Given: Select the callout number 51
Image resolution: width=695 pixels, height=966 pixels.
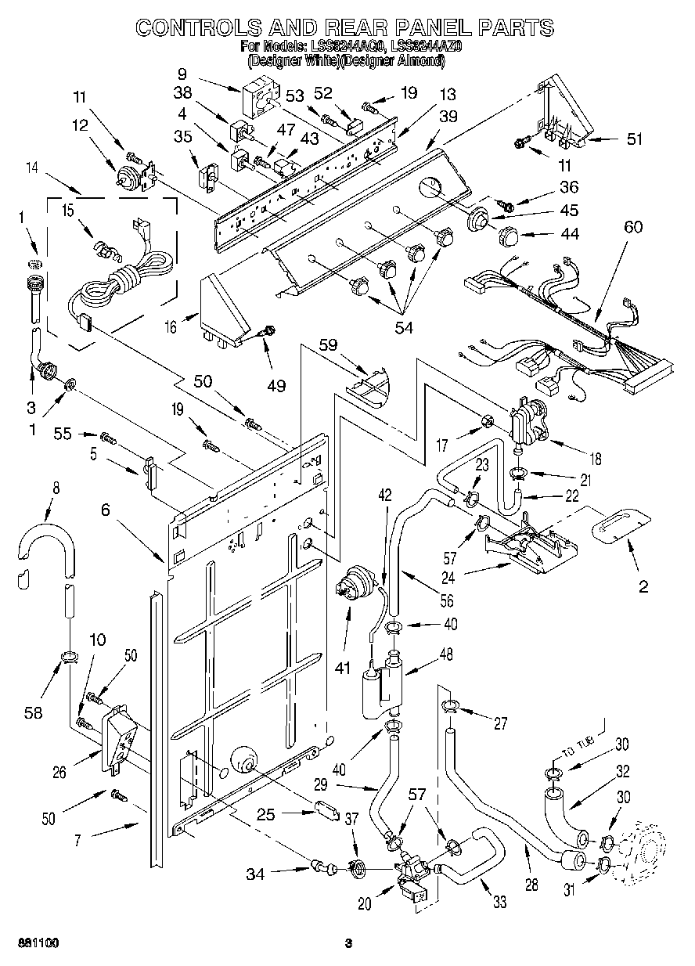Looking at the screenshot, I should click(635, 140).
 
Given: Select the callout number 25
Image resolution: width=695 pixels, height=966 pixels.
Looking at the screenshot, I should click(265, 814).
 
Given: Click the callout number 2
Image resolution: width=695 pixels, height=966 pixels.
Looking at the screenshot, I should click(643, 586).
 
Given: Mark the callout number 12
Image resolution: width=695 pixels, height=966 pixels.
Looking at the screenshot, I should click(79, 125).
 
